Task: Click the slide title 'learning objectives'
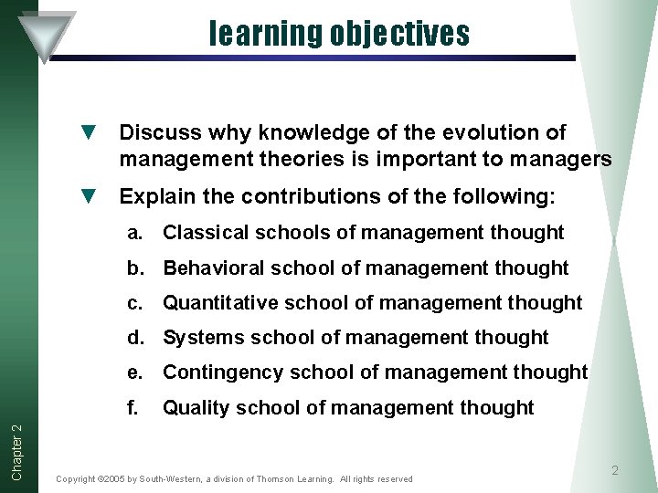[339, 34]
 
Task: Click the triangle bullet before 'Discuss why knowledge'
[89, 133]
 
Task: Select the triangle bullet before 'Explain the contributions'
[89, 196]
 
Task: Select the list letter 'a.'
[136, 233]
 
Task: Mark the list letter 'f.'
[134, 407]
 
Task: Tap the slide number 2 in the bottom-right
[614, 470]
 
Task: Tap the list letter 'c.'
[136, 302]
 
